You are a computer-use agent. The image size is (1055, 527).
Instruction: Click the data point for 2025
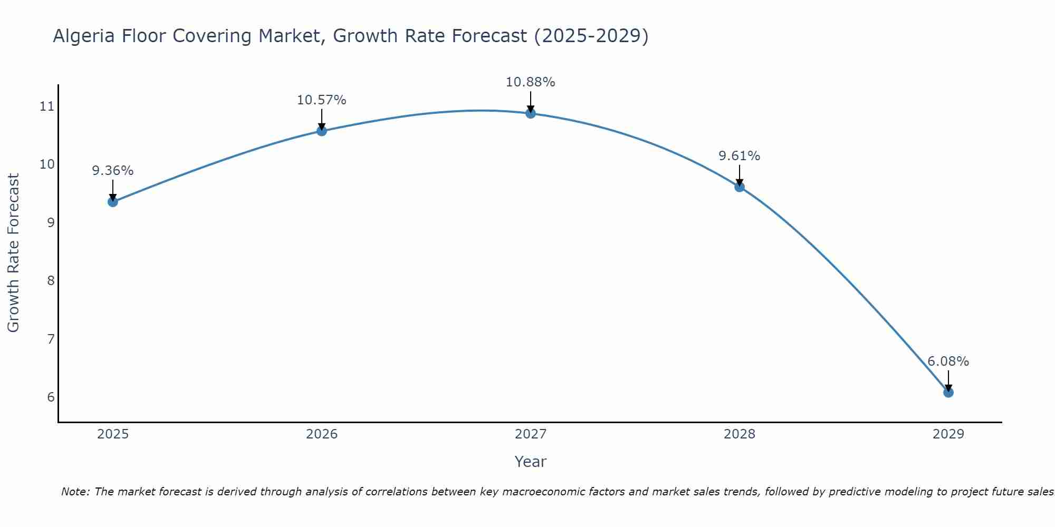[x=113, y=201]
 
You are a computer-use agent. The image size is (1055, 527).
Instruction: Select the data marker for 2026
[x=322, y=131]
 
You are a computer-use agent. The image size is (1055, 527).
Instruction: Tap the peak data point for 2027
[x=531, y=113]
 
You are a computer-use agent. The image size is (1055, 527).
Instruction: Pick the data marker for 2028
[x=740, y=187]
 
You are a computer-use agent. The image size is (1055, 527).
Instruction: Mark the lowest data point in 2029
[x=948, y=392]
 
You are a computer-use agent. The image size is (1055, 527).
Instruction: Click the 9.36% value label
[x=113, y=171]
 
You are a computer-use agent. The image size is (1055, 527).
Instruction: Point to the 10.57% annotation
[x=322, y=100]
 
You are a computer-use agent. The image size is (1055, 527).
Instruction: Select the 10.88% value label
[x=531, y=82]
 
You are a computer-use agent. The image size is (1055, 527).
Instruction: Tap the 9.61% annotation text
[x=740, y=156]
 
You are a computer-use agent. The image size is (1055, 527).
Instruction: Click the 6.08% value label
[x=948, y=362]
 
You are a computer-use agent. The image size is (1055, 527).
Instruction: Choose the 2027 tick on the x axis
[x=531, y=434]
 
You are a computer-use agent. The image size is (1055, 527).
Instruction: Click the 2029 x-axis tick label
[x=948, y=434]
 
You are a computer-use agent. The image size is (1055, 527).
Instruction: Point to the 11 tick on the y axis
[x=47, y=106]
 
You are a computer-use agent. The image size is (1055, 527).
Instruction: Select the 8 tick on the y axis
[x=51, y=280]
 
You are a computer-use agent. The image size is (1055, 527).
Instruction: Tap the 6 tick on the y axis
[x=51, y=397]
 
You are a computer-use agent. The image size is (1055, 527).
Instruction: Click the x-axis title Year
[x=531, y=462]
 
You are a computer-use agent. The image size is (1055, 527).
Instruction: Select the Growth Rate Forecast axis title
[x=13, y=253]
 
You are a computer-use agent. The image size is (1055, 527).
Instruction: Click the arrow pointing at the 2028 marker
[x=740, y=175]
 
